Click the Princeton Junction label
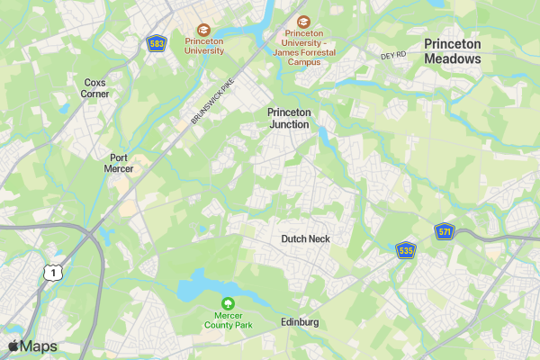[x=289, y=118]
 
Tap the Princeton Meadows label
[x=452, y=51]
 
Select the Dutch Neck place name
[x=305, y=238]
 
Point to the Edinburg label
[x=300, y=322]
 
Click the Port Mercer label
[x=119, y=163]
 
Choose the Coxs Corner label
[x=94, y=87]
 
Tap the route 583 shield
[x=157, y=43]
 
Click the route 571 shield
[x=444, y=231]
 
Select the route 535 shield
[x=406, y=249]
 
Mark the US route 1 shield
[x=55, y=272]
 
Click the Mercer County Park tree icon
[x=228, y=304]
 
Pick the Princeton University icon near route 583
[x=203, y=30]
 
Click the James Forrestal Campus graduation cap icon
[x=303, y=21]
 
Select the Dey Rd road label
[x=394, y=56]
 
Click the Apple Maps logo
[x=32, y=346]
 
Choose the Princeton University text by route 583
[x=204, y=46]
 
